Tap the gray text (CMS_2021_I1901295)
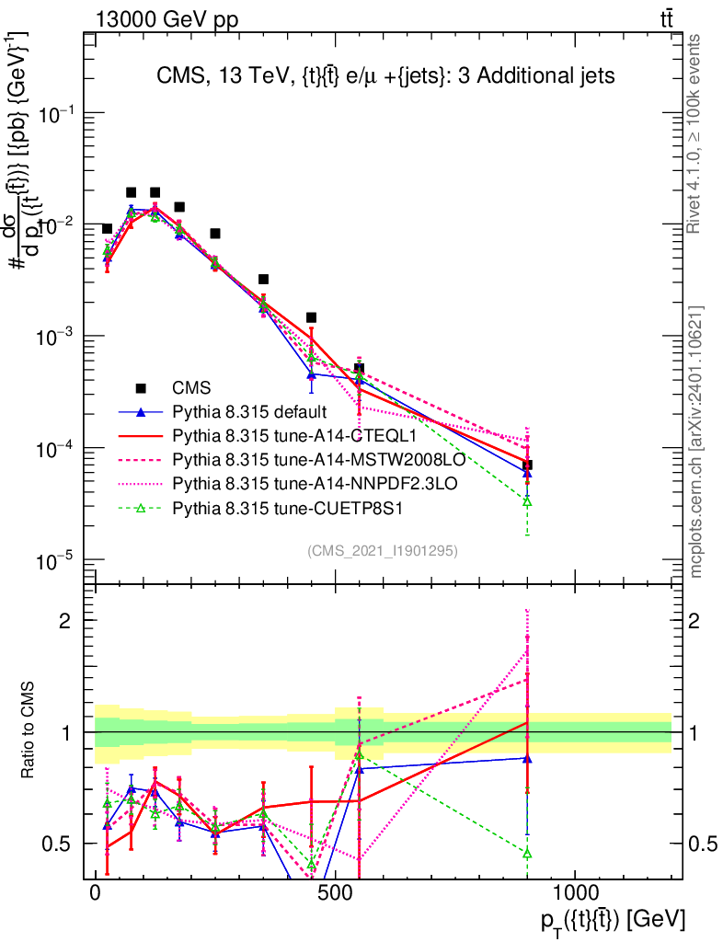pos(383,550)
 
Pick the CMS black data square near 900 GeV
pos(527,465)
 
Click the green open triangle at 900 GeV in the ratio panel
pos(527,854)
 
